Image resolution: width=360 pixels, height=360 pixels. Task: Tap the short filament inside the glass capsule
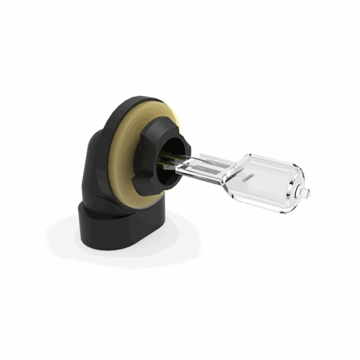[x=248, y=178]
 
